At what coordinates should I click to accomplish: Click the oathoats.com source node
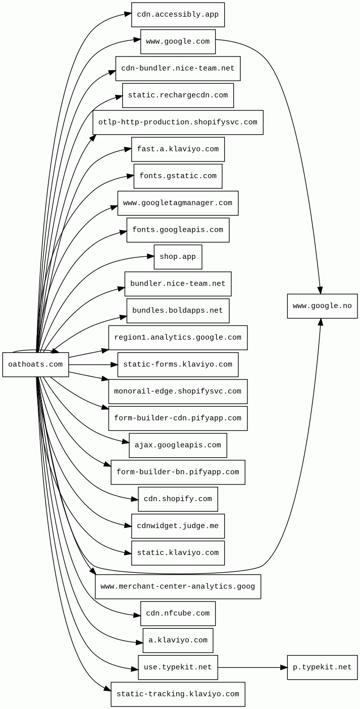pyautogui.click(x=35, y=364)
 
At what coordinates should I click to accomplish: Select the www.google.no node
pyautogui.click(x=322, y=306)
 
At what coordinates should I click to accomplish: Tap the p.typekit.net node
pyautogui.click(x=322, y=667)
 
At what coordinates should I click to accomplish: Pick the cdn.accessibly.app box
pyautogui.click(x=178, y=15)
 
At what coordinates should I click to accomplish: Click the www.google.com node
pyautogui.click(x=178, y=41)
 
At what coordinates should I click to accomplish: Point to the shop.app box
pyautogui.click(x=178, y=257)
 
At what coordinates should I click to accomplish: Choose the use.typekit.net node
pyautogui.click(x=178, y=667)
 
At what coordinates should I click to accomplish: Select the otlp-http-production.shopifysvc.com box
pyautogui.click(x=178, y=122)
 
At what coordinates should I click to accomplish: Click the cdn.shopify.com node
pyautogui.click(x=178, y=499)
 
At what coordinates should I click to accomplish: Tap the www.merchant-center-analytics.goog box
pyautogui.click(x=178, y=586)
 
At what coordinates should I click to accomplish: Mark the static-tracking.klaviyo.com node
pyautogui.click(x=178, y=694)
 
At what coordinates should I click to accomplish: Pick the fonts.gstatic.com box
pyautogui.click(x=178, y=176)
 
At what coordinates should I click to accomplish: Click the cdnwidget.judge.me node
pyautogui.click(x=178, y=526)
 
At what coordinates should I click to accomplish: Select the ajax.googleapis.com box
pyautogui.click(x=178, y=445)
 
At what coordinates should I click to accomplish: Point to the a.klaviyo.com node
pyautogui.click(x=178, y=640)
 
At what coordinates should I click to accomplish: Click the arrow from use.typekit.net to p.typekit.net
pyautogui.click(x=252, y=667)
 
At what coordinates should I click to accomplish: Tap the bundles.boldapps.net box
pyautogui.click(x=178, y=311)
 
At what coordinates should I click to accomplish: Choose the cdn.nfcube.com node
pyautogui.click(x=178, y=613)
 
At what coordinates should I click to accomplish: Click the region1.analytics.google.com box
pyautogui.click(x=178, y=338)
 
